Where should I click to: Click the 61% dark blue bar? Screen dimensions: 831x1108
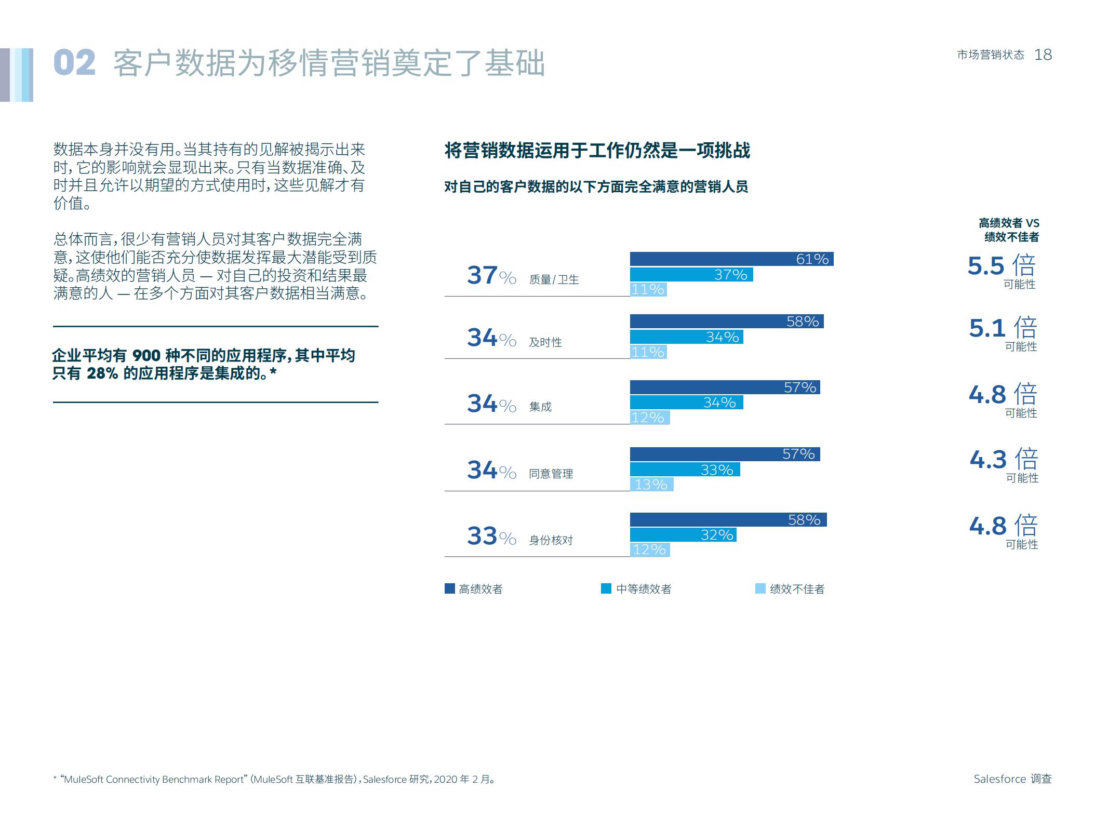coord(731,259)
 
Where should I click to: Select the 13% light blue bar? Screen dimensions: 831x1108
coord(651,484)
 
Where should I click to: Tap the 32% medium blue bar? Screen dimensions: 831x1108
coord(683,534)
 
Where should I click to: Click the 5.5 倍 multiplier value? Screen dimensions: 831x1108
coord(1001,265)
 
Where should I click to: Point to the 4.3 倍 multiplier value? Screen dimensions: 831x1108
coord(1003,459)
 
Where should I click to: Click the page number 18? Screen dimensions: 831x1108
coord(1043,55)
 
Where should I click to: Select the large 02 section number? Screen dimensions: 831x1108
coord(74,63)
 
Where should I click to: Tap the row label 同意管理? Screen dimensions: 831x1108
coord(551,474)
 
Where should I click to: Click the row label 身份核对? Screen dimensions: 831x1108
coord(551,540)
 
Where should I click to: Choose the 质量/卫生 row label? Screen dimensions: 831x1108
coord(553,279)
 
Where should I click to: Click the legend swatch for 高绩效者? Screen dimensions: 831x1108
coord(450,588)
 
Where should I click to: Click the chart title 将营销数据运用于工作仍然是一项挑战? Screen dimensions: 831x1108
coord(597,151)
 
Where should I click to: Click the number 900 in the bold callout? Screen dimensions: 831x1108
coord(146,356)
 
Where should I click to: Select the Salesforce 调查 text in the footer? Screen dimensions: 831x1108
coord(1012,779)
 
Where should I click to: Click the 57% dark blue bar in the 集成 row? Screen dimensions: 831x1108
coord(725,387)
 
